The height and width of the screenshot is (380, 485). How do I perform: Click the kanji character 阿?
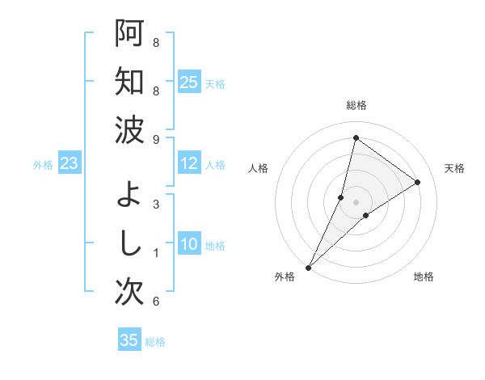tap(129, 34)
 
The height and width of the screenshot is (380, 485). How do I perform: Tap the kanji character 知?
tap(129, 82)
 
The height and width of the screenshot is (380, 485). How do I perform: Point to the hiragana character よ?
tap(129, 195)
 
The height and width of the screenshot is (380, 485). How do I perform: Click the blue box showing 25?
tap(188, 82)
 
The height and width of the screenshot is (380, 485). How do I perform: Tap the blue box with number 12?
tap(188, 164)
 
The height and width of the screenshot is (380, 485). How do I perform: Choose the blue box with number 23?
tap(69, 164)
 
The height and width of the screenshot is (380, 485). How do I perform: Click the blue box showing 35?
tap(129, 340)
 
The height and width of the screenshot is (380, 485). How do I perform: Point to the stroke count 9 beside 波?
tap(156, 140)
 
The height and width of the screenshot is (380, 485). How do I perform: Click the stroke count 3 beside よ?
tap(156, 205)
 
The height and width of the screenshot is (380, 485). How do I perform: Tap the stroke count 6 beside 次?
tap(156, 302)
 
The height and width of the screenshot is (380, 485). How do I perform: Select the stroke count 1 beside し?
tap(156, 253)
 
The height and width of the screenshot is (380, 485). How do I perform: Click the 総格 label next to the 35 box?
tap(155, 342)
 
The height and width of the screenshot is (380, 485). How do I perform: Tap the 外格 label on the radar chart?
tap(285, 277)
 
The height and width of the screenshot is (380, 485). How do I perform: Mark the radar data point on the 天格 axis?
tap(418, 182)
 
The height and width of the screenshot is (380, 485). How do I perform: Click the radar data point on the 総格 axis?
tap(356, 137)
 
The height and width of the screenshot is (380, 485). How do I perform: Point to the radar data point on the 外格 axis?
tap(308, 267)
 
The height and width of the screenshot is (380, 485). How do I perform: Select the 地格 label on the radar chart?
tap(424, 277)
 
